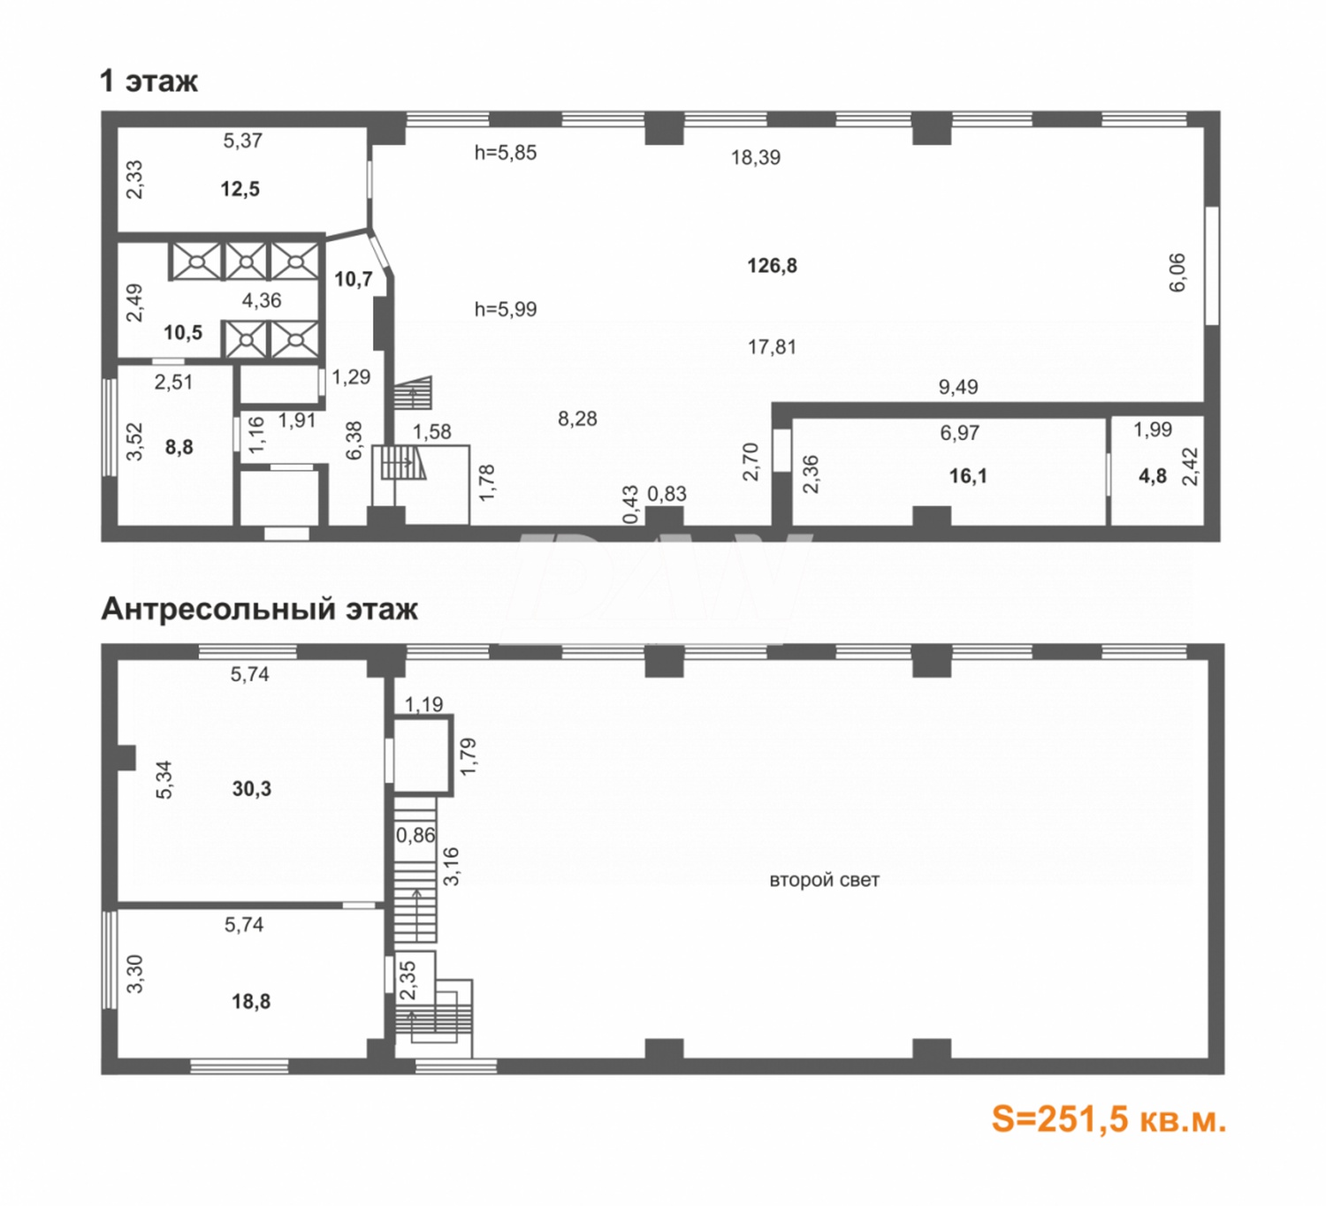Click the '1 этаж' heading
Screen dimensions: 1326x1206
click(x=149, y=81)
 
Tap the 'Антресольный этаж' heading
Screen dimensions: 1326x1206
click(x=259, y=609)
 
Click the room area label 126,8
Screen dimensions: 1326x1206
click(x=772, y=266)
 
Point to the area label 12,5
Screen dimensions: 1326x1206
click(x=240, y=190)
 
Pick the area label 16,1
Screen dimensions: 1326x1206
click(x=968, y=476)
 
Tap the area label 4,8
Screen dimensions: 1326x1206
click(x=1153, y=476)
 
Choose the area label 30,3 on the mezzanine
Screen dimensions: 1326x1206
click(x=252, y=788)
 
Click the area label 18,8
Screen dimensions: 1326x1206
click(x=251, y=1002)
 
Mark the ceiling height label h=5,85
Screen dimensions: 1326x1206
click(x=506, y=153)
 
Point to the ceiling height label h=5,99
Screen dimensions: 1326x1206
click(x=506, y=308)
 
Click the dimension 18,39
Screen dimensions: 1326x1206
click(x=756, y=157)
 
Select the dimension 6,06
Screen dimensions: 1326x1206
click(x=1177, y=272)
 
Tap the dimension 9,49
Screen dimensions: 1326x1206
click(x=958, y=387)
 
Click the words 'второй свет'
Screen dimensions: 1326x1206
click(x=824, y=880)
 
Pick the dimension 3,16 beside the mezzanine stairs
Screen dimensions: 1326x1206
click(x=452, y=867)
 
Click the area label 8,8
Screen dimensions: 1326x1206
click(x=179, y=447)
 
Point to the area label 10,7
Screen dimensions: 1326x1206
click(x=354, y=279)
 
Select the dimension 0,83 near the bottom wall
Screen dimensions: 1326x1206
click(x=667, y=494)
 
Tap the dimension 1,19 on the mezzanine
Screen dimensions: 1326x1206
click(x=423, y=704)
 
